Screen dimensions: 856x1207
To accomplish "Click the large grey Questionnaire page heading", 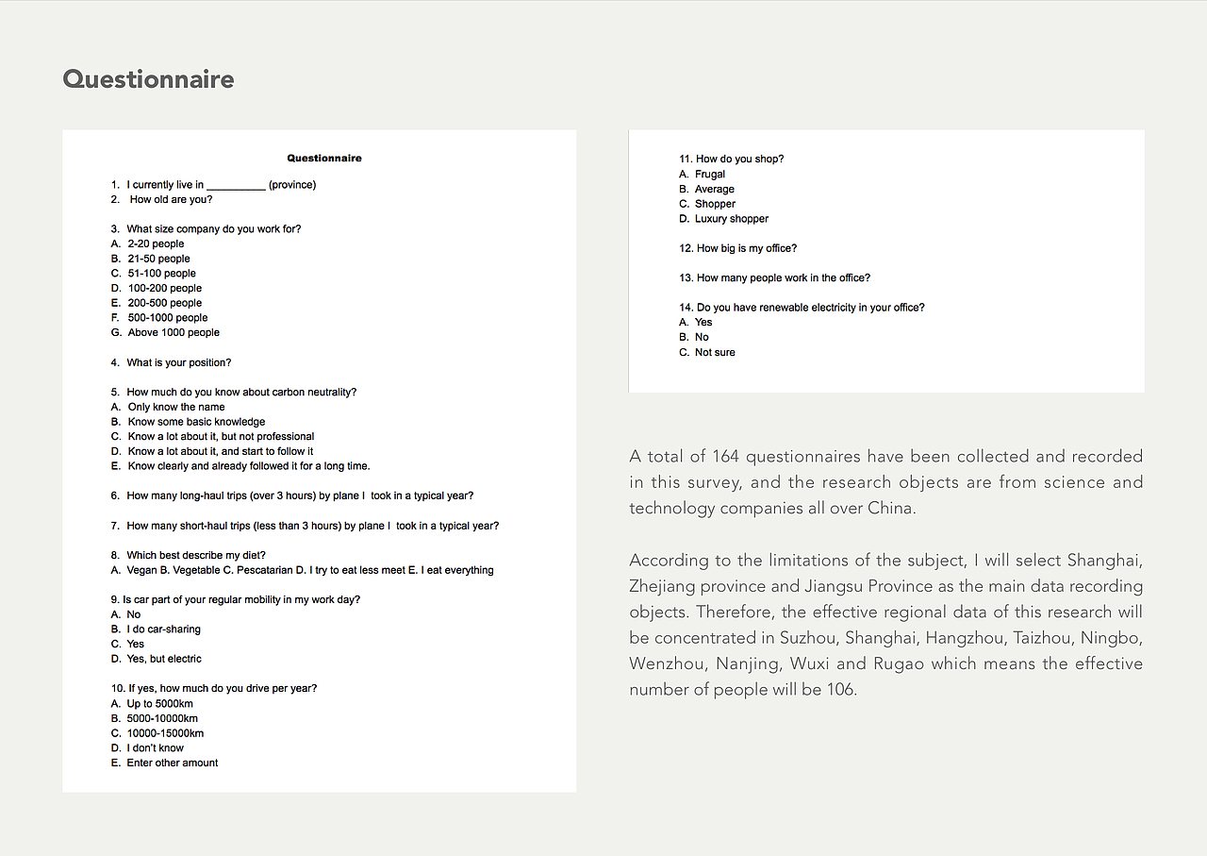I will coord(148,79).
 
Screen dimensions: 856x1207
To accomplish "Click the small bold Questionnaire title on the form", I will coord(324,159).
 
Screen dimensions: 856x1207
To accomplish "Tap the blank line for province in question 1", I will coord(236,186).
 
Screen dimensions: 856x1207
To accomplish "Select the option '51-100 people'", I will coord(161,274).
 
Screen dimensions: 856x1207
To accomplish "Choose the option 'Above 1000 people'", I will coord(174,333).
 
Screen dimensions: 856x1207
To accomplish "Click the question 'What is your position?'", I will coord(178,362).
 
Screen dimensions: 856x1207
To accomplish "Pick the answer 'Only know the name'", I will coord(176,408).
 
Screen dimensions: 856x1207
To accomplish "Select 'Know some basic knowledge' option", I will coord(196,422).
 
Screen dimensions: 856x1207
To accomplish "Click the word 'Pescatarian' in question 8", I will coord(255,570).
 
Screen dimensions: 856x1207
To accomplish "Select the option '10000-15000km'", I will coord(165,733).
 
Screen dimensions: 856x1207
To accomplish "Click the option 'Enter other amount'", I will coord(172,763).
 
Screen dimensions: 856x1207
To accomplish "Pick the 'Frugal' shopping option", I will coord(710,175).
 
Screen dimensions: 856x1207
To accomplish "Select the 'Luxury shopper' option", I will coord(732,219).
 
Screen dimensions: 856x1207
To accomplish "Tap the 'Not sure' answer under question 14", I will coord(715,353).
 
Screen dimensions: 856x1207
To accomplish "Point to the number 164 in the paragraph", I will coord(725,457).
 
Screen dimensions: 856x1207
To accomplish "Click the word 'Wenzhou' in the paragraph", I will coord(669,663).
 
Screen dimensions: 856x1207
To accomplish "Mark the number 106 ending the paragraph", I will coord(840,690).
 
